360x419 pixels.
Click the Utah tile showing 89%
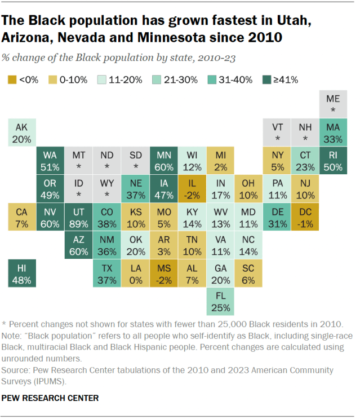(78, 217)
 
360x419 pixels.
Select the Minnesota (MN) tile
(163, 161)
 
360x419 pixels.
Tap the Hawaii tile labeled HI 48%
(22, 274)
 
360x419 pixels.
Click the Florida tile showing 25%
(220, 302)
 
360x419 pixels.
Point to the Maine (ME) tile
(333, 104)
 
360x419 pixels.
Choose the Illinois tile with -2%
(192, 189)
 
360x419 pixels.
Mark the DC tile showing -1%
(305, 217)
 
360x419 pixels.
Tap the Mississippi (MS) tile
(163, 274)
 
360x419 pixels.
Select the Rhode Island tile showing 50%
(333, 161)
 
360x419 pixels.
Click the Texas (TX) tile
(106, 274)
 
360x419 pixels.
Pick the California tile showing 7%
(22, 217)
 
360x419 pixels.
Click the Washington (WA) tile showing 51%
(50, 161)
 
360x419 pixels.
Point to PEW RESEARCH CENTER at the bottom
(50, 398)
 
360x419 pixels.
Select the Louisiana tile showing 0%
(135, 274)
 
